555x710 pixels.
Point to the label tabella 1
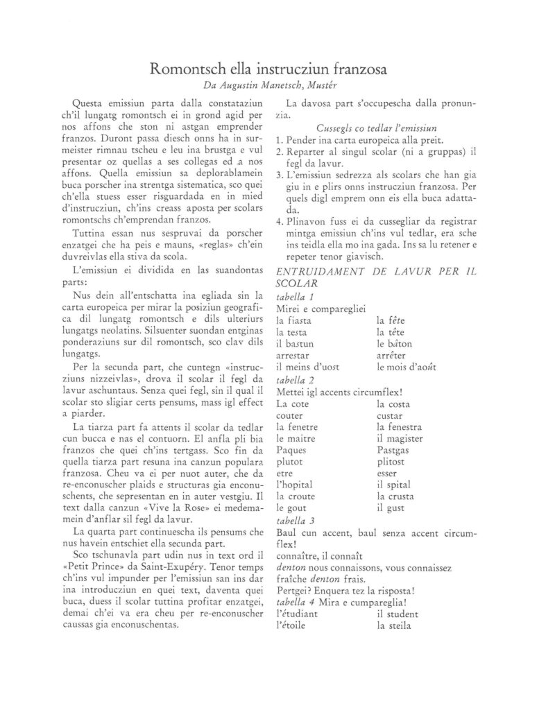point(295,297)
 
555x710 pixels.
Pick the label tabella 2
point(295,380)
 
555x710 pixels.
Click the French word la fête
point(390,320)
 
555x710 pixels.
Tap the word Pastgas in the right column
point(395,450)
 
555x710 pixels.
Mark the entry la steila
point(393,626)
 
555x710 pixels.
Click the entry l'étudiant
point(297,614)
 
